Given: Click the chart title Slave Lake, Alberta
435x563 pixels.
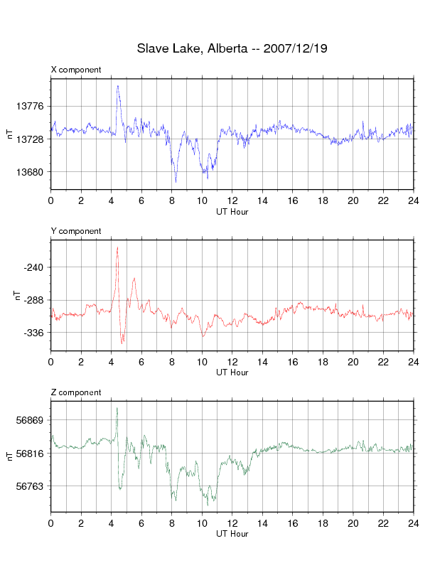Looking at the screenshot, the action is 192,48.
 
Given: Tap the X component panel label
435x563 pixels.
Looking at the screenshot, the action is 76,70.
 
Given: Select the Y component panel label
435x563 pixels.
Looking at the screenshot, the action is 76,231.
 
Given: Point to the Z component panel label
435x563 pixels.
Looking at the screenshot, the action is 76,392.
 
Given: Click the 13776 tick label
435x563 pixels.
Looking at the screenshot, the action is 30,107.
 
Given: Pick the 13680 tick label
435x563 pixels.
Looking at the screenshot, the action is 30,172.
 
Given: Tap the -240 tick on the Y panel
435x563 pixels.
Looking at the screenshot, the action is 33,267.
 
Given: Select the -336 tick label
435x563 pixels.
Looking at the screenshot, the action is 33,333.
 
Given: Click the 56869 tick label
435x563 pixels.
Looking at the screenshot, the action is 30,420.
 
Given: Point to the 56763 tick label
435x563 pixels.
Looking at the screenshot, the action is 30,486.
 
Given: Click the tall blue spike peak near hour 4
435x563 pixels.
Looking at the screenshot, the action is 117,86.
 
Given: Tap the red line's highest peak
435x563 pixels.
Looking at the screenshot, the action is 117,247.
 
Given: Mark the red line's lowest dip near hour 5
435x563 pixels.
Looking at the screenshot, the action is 122,343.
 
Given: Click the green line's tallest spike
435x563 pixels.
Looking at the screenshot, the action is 117,408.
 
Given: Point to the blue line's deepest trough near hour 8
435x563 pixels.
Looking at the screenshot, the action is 176,182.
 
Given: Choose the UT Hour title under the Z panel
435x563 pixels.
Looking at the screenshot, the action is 232,534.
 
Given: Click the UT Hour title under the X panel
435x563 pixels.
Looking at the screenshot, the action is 232,212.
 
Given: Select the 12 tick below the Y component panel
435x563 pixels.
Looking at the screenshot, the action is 232,362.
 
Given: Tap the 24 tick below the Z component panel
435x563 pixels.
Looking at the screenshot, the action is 414,523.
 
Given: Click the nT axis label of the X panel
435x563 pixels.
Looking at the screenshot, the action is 10,134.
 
